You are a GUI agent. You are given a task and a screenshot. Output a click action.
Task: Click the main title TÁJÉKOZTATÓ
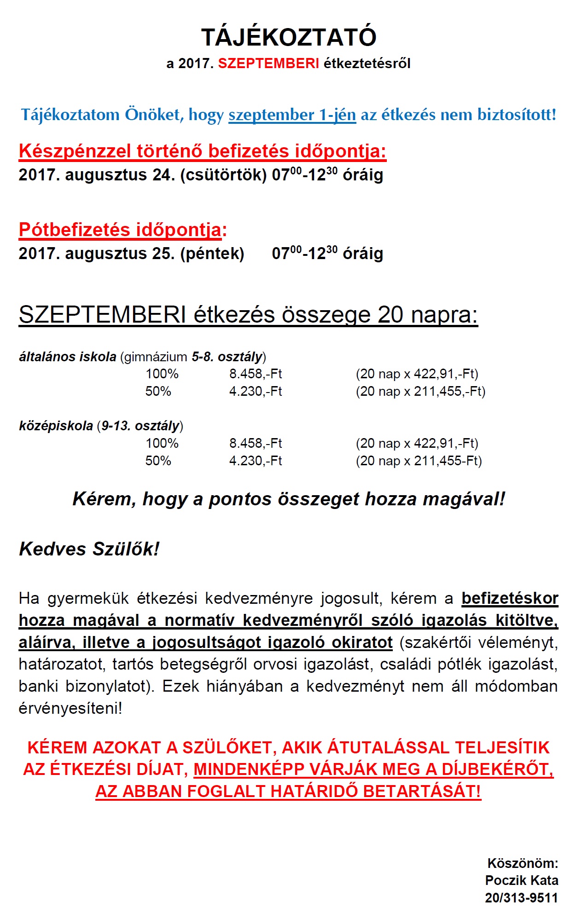coord(289,37)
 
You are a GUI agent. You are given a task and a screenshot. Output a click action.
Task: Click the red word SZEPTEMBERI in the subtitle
coord(268,64)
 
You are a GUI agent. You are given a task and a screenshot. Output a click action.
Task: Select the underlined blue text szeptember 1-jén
coord(292,115)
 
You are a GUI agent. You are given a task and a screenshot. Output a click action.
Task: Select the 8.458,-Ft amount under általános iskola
coord(256,374)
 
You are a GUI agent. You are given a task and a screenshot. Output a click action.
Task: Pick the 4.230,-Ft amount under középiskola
coord(256,461)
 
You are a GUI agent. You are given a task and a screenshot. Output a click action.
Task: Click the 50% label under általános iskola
coord(158,391)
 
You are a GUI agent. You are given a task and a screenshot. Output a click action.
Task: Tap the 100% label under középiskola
coord(162,443)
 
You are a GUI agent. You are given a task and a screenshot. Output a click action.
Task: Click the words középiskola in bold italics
coord(56,426)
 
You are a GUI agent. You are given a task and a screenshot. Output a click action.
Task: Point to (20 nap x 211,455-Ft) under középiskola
coord(419,461)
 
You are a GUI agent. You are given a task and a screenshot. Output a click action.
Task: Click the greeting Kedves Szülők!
coord(89,549)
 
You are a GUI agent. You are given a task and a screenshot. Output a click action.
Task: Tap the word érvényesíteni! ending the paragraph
coord(70,708)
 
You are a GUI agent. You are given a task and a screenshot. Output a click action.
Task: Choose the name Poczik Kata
coord(521,880)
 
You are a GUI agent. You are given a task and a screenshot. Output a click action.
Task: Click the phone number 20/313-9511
coord(521,898)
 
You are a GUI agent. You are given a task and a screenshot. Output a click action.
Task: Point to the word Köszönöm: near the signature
coord(523,863)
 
